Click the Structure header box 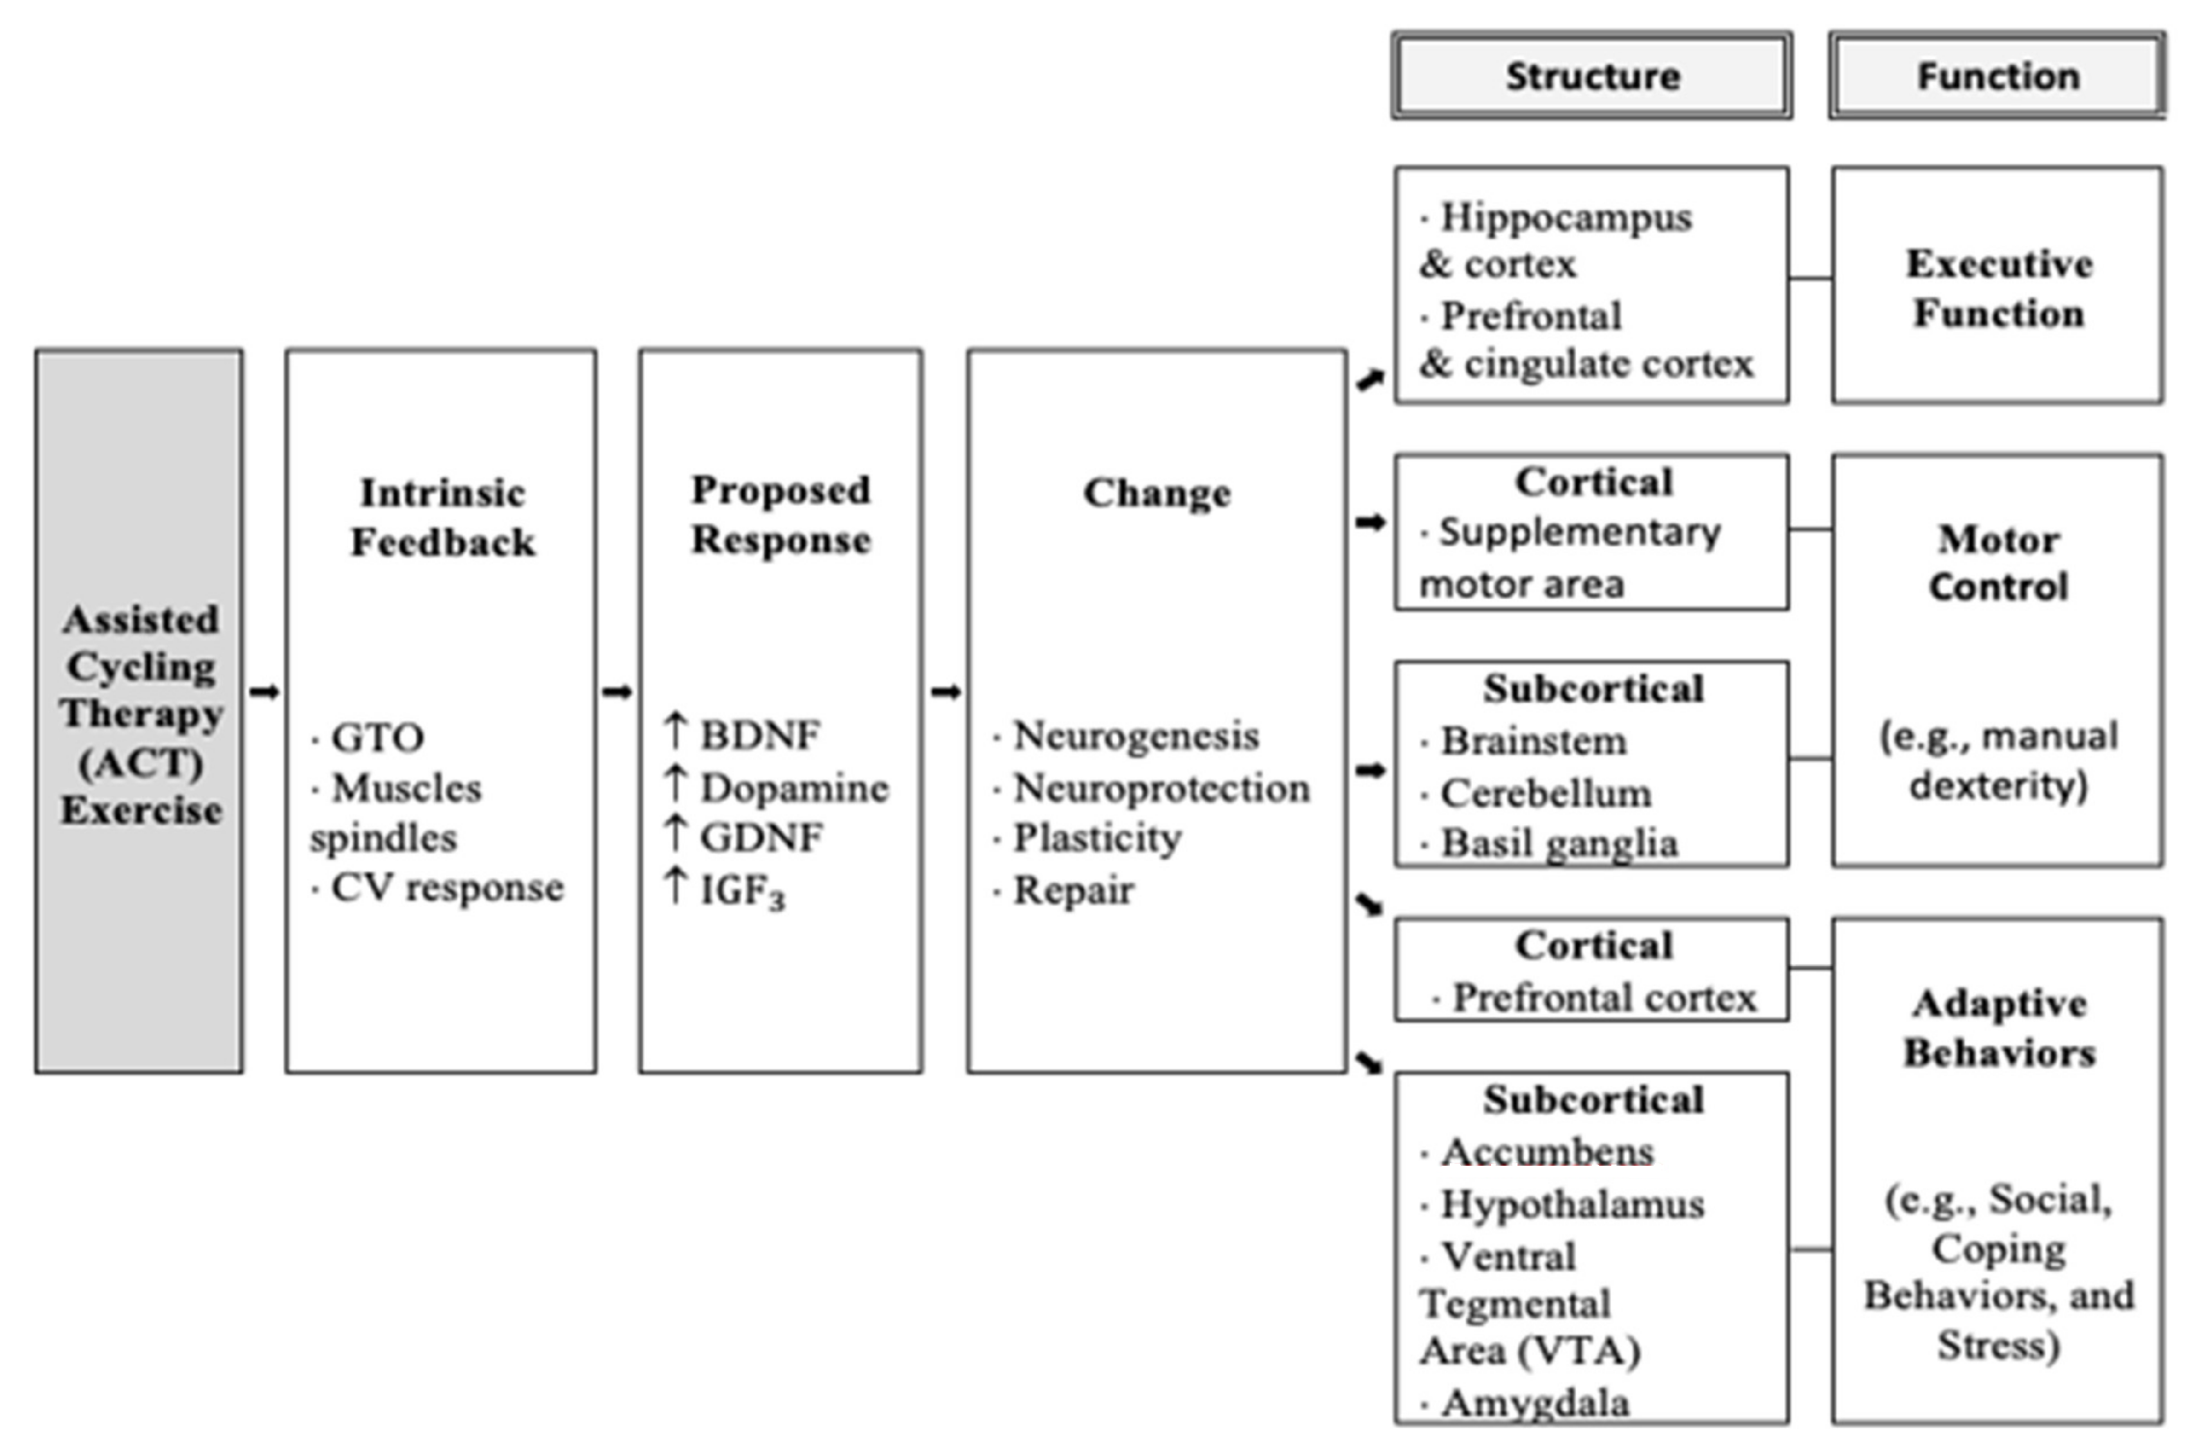click(1591, 76)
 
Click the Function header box click(1997, 76)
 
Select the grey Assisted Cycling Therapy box click(140, 711)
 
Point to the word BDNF click(759, 735)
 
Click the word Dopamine click(793, 788)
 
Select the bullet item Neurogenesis click(1136, 736)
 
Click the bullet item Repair click(1072, 890)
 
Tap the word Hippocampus click(1565, 217)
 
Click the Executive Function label click(1999, 289)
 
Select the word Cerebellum click(1546, 794)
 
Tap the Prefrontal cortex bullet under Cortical click(1603, 997)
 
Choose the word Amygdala click(1535, 1402)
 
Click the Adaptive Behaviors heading click(1999, 1028)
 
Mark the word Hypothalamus click(1571, 1204)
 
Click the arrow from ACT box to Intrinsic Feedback click(264, 692)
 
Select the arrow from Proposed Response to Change click(945, 692)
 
